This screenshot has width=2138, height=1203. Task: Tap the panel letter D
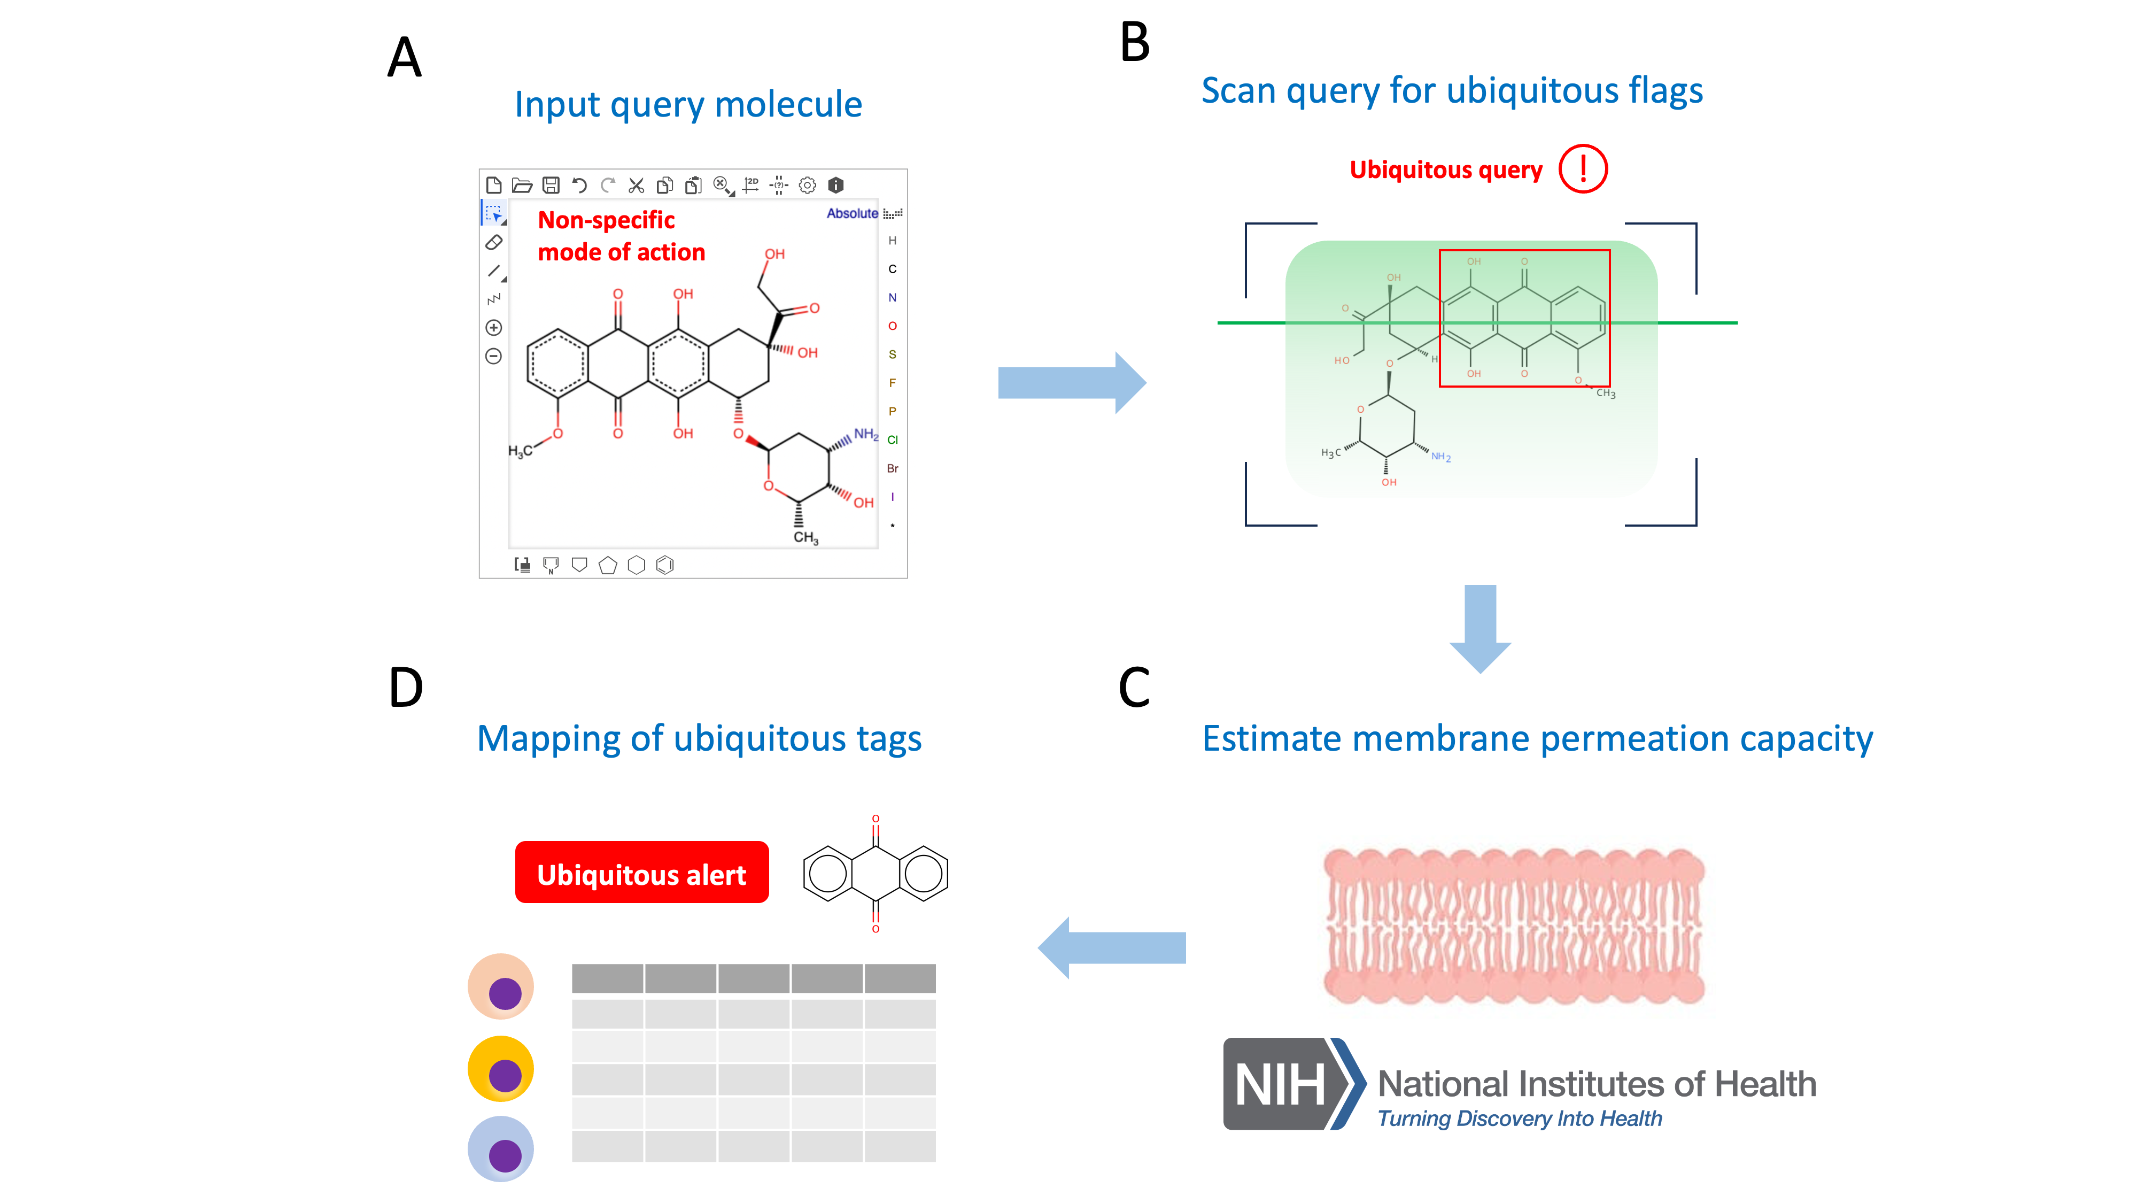coord(406,688)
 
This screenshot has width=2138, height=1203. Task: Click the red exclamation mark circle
coord(1582,169)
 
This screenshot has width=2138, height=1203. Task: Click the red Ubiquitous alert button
coord(641,873)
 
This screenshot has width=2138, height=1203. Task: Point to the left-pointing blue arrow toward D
coord(1112,947)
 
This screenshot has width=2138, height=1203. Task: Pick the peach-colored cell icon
coord(500,986)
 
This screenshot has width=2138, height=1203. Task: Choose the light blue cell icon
coord(500,1149)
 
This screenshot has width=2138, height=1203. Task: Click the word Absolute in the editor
coord(851,213)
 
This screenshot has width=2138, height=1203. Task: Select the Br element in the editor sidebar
coord(892,468)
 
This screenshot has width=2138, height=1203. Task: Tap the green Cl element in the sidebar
coord(892,440)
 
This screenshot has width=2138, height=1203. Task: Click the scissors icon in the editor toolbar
coord(636,185)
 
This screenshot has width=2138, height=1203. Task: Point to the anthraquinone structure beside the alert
coord(875,874)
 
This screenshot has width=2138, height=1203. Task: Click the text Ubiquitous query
coord(1445,170)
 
